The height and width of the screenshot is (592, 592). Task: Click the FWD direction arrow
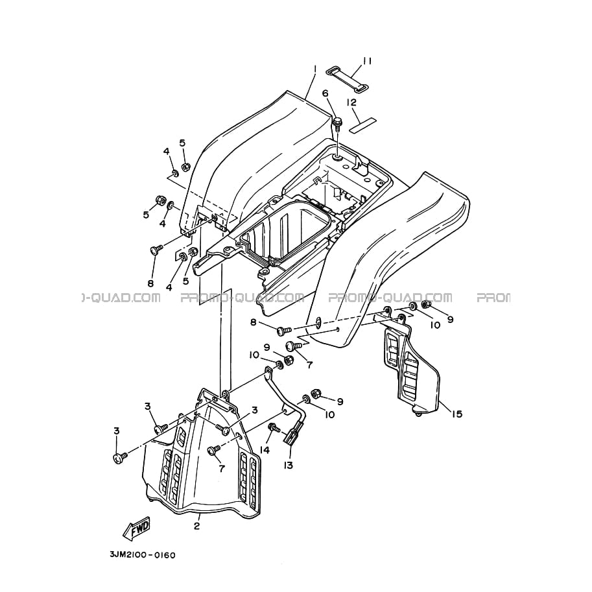[x=136, y=527]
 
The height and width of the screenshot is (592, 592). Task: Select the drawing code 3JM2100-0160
[x=143, y=556]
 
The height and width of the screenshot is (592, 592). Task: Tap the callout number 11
[x=368, y=61]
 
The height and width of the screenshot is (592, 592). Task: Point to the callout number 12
[x=351, y=102]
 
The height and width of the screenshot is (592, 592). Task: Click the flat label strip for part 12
[x=363, y=125]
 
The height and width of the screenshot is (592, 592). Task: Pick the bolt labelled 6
[x=337, y=124]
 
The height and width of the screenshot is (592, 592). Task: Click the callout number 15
[x=456, y=414]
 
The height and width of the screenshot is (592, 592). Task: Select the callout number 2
[x=196, y=526]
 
